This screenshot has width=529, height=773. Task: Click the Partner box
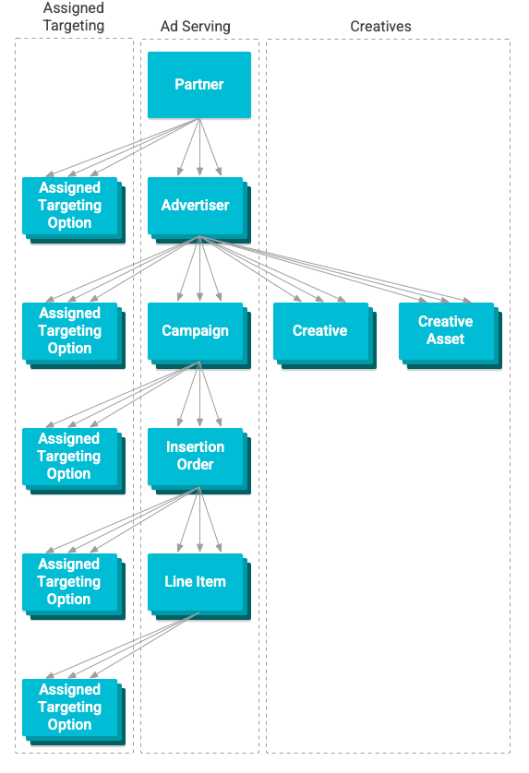(x=198, y=85)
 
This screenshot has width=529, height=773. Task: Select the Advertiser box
(x=195, y=205)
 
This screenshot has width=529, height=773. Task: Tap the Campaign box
(x=195, y=330)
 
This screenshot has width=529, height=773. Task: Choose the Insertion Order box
(x=195, y=456)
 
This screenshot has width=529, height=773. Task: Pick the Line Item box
(x=195, y=581)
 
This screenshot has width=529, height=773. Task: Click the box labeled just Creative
(x=319, y=330)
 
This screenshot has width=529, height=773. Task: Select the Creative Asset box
(x=445, y=330)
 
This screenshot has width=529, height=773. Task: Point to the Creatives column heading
(x=380, y=27)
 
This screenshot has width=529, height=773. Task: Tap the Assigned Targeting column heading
(x=74, y=18)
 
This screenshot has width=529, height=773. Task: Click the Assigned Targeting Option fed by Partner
(x=69, y=205)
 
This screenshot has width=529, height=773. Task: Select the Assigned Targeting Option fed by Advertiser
(x=69, y=330)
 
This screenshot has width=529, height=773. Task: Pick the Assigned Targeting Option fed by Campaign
(x=69, y=456)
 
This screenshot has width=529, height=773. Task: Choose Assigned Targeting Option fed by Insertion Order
(x=69, y=581)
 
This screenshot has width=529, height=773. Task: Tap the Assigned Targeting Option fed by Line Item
(x=69, y=707)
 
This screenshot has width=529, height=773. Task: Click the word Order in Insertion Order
(x=195, y=465)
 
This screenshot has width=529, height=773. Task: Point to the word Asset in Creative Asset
(x=445, y=339)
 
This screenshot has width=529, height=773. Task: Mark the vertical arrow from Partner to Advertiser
(x=199, y=148)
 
